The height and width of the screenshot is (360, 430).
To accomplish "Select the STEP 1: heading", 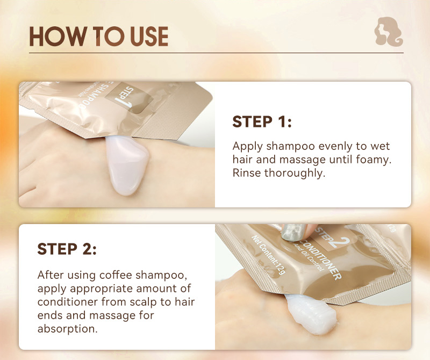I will tap(262, 122).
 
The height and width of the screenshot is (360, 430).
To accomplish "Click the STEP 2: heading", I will tap(67, 249).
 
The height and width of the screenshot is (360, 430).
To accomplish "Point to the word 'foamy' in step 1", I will tap(374, 160).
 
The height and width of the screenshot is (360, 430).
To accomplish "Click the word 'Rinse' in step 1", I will tap(247, 173).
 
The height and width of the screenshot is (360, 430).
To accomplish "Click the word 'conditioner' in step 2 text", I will tap(64, 302).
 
